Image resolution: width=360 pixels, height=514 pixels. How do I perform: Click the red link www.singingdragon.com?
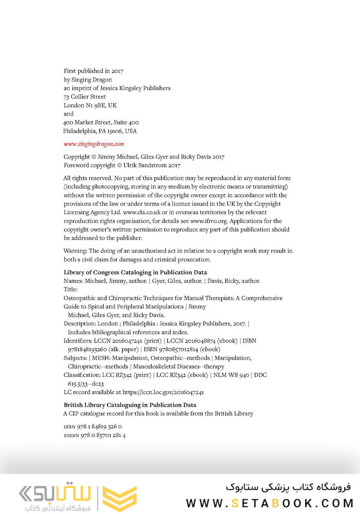point(94,143)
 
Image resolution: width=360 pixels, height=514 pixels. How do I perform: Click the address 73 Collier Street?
point(85,97)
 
